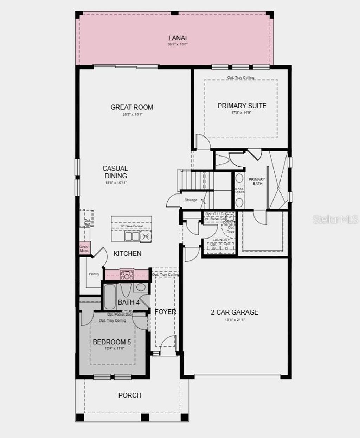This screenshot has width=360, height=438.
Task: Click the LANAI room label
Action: coord(177,38)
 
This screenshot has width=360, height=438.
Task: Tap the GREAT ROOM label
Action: coord(132,107)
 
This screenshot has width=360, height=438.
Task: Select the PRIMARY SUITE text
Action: coord(242,106)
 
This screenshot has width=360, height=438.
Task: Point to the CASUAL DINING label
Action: coord(115,172)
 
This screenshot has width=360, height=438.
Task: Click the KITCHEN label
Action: coord(127,253)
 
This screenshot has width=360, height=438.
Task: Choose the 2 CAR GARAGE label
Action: coord(234,312)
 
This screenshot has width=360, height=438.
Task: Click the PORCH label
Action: coord(130,395)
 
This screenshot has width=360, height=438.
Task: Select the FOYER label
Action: coord(165,312)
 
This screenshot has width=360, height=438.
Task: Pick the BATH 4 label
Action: coord(129,302)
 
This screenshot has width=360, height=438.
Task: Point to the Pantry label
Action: coord(94,274)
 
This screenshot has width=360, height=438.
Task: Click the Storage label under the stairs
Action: coord(191,200)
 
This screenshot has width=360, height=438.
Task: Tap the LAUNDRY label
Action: coord(221,240)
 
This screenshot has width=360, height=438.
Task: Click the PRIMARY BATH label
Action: coord(257,181)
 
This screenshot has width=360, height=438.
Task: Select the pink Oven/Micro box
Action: coord(84,248)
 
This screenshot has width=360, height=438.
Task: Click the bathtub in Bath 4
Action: coord(110,297)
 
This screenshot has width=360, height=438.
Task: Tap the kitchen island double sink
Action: coord(133,236)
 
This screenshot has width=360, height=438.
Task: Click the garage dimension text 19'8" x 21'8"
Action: coord(234,320)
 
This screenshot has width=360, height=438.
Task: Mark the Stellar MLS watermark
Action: coord(335,220)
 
